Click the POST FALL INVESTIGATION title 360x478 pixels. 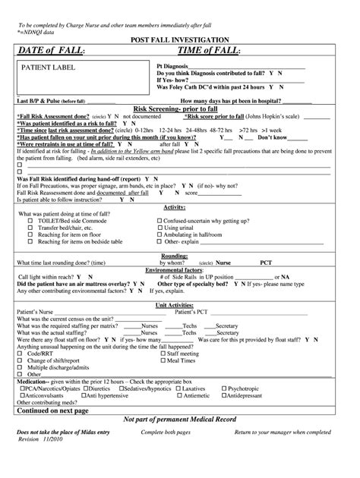pyautogui.click(x=179, y=38)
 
